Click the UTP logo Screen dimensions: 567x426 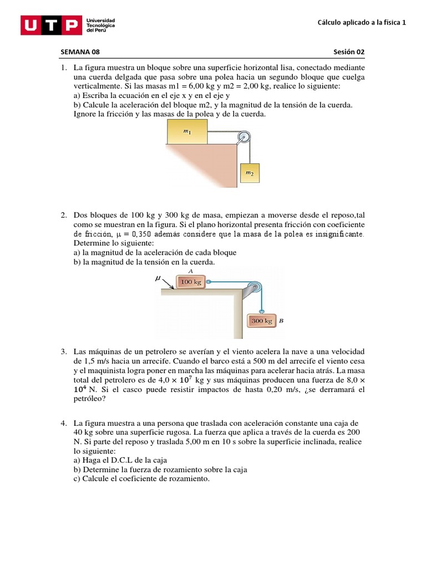(x=50, y=25)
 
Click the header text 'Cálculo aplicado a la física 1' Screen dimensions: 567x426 (x=361, y=23)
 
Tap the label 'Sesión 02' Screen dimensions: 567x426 (x=349, y=52)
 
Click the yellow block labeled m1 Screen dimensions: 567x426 (x=186, y=132)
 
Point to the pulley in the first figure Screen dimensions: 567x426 (x=243, y=137)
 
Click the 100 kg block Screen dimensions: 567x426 (x=190, y=282)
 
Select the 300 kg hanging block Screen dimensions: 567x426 (x=261, y=321)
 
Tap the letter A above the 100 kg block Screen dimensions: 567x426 (x=190, y=271)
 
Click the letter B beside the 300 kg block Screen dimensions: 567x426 (x=281, y=321)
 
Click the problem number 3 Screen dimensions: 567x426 (x=64, y=352)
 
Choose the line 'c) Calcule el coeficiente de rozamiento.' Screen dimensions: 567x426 (x=141, y=478)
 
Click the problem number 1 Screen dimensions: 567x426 (x=64, y=68)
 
